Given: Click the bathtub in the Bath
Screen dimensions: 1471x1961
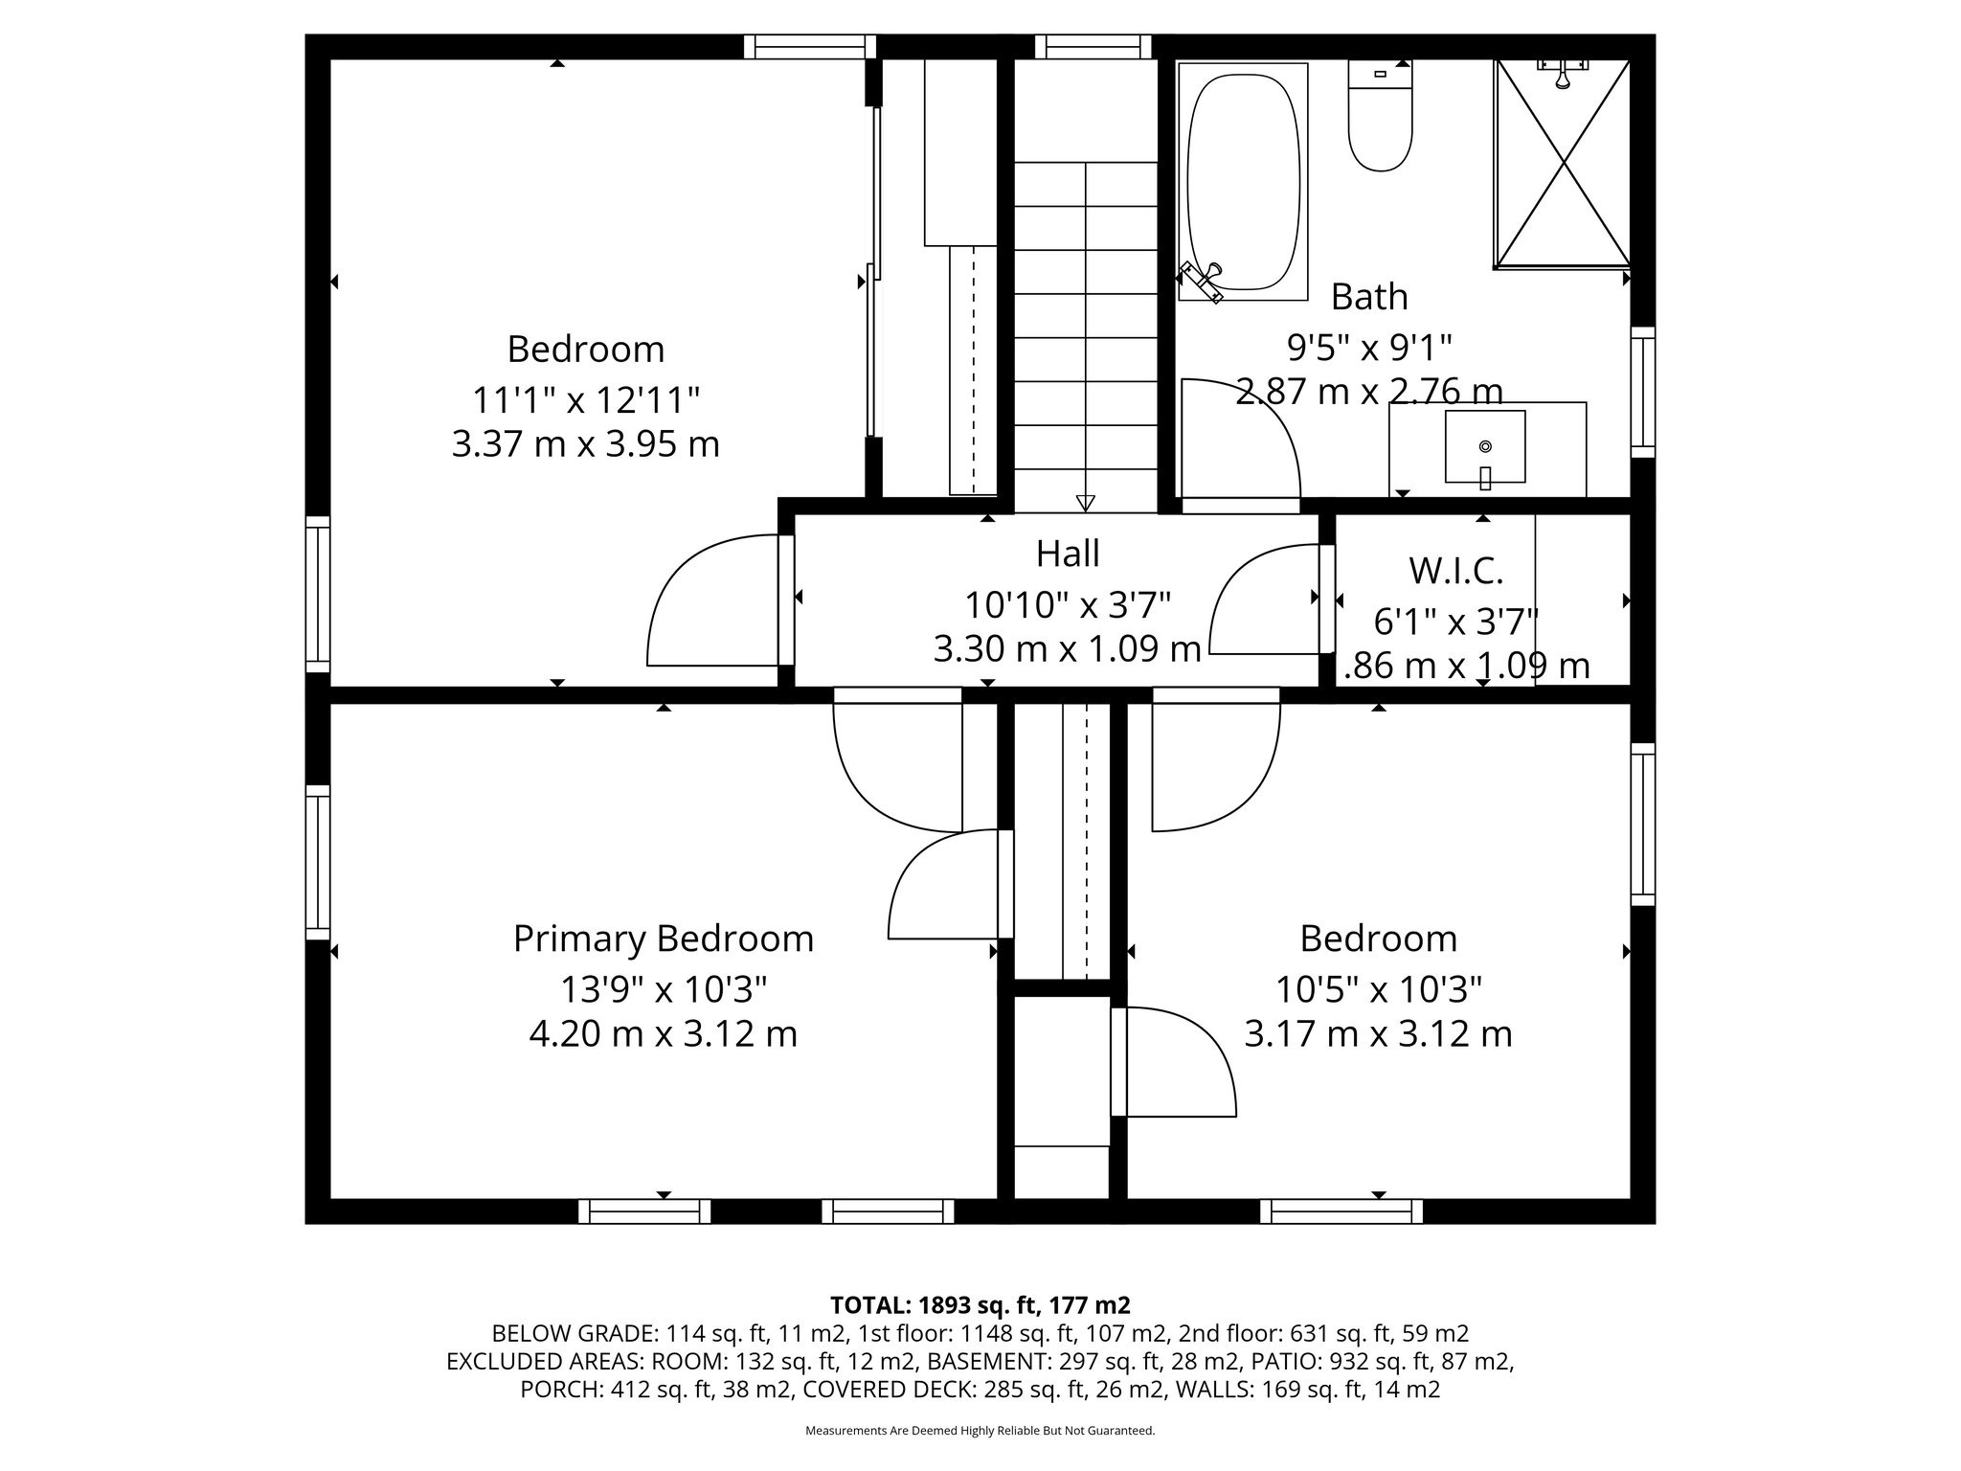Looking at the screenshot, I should pos(1243,180).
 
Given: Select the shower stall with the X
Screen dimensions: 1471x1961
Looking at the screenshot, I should pos(1562,163).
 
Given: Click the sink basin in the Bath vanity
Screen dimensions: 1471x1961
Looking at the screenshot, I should pos(1485,447).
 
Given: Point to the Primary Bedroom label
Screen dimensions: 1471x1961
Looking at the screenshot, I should pos(663,939).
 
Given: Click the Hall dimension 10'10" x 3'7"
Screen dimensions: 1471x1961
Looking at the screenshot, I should pos(1068,605).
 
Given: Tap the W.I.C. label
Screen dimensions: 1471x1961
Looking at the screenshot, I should pos(1455,571).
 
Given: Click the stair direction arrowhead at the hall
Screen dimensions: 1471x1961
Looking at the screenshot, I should pos(1085,503).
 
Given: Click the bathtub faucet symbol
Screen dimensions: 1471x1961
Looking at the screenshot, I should pos(1203,281).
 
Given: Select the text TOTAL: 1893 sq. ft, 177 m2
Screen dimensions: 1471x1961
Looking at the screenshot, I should pos(980,1305).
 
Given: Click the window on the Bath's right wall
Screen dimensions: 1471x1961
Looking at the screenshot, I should pos(1643,392).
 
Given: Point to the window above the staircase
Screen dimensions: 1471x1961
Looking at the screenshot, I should pos(1093,47).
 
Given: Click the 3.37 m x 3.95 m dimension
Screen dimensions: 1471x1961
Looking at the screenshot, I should pos(585,444).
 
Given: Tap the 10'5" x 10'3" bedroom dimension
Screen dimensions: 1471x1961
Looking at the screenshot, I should pos(1378,987).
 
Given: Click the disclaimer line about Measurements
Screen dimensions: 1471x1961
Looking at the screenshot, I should pos(980,1431).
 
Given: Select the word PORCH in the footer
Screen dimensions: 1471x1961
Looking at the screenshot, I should pos(562,1390).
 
